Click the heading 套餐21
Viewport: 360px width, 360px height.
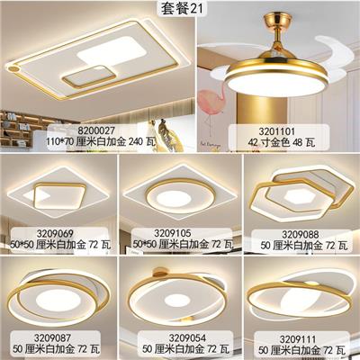(182, 8)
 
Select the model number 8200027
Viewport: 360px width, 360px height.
(96, 130)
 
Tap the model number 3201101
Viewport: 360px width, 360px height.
(277, 131)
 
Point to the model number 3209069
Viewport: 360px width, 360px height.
(55, 233)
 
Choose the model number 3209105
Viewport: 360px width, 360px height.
(173, 233)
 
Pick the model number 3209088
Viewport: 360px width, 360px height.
(300, 234)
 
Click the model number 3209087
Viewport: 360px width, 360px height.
(52, 338)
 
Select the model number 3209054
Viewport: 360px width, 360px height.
(187, 338)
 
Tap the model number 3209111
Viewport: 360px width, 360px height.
(298, 339)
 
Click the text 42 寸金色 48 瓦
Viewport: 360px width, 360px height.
(282, 142)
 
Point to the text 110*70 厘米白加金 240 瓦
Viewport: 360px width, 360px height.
(101, 141)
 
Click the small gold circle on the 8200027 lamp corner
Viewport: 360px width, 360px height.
(13, 68)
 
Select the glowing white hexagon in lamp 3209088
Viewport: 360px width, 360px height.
(300, 197)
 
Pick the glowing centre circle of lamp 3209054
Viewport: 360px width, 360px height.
(177, 300)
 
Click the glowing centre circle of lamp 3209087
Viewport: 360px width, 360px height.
(58, 300)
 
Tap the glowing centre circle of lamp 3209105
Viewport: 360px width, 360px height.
(174, 198)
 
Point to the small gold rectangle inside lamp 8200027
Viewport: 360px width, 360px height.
(89, 76)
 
